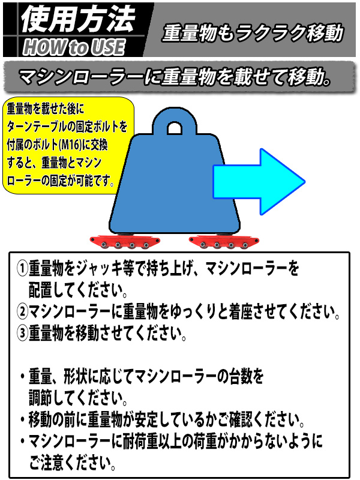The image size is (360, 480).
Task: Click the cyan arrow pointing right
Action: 259,182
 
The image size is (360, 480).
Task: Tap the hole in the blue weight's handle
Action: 175,129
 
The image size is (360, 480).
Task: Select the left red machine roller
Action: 125,242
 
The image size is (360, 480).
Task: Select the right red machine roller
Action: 224,242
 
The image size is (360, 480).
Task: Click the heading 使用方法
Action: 78,19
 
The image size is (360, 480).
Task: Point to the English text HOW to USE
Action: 74,47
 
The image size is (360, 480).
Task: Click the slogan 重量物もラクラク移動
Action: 253,33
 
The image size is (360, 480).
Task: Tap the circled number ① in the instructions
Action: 22,268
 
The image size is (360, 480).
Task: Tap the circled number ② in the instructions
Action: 22,311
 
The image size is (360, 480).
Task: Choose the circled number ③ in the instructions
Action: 22,333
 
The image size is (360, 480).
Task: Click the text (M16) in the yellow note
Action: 70,145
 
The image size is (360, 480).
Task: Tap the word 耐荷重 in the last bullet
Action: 140,441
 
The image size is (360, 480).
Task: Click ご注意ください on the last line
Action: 72,463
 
